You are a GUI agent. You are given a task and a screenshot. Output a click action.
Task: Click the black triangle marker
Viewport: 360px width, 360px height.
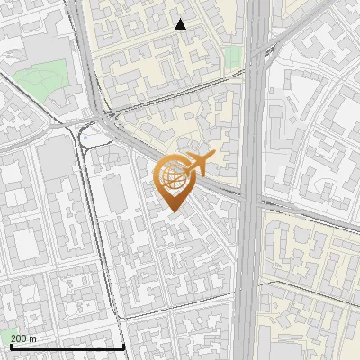point(181,24)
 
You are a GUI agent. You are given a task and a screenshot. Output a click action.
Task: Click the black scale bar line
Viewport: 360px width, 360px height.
point(67,346)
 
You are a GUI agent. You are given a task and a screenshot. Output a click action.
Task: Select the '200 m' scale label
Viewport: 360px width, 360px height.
point(24,337)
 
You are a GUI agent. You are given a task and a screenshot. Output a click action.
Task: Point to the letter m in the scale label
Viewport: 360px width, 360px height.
point(33,337)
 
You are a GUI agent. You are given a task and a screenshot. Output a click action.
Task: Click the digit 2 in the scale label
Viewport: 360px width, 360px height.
point(14,337)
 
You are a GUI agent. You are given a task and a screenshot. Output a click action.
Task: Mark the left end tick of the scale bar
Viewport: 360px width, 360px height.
point(11,346)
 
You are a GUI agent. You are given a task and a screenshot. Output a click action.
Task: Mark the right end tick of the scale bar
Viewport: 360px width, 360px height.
point(123,346)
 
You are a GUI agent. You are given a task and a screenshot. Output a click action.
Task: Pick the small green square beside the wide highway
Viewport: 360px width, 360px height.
point(232,58)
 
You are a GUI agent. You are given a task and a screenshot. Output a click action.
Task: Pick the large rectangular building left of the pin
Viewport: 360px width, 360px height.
point(116,193)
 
